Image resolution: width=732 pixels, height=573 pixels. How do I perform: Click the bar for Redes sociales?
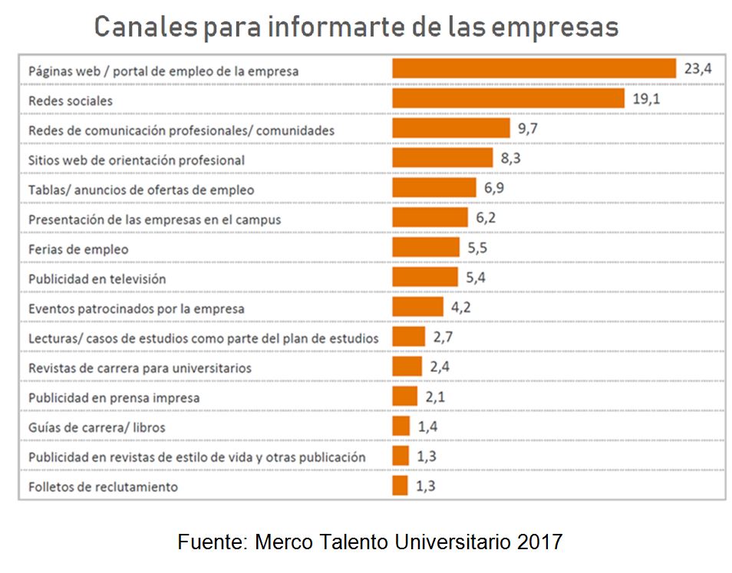click(508, 99)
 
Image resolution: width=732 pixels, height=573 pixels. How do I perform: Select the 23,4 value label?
click(698, 69)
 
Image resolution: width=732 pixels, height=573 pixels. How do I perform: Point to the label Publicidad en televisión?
click(97, 278)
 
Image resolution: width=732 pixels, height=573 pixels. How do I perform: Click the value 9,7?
click(528, 129)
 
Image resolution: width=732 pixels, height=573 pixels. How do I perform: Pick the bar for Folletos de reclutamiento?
click(400, 486)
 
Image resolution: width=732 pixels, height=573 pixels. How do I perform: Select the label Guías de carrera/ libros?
click(97, 427)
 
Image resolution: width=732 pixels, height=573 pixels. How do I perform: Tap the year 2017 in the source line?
click(540, 542)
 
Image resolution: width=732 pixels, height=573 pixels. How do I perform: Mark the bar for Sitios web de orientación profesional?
click(442, 159)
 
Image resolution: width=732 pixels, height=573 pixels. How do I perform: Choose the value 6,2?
click(486, 218)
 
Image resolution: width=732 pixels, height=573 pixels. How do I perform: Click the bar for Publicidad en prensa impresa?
click(404, 397)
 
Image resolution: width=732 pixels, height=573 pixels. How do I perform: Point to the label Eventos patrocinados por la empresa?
click(137, 308)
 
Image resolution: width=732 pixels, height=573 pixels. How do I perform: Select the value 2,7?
click(443, 337)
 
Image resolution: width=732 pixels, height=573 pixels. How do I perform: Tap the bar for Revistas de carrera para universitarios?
click(407, 367)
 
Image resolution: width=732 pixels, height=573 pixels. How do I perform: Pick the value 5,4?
click(476, 278)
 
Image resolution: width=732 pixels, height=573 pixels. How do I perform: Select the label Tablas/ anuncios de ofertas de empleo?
click(141, 189)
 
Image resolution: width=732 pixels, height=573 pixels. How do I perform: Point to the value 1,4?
click(427, 426)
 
